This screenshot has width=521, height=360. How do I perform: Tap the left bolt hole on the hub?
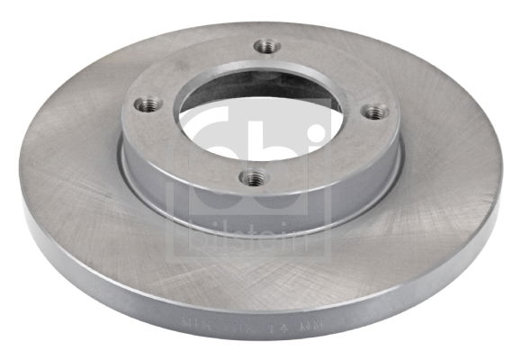(148, 104)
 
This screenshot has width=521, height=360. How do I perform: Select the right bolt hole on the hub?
(375, 112)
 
